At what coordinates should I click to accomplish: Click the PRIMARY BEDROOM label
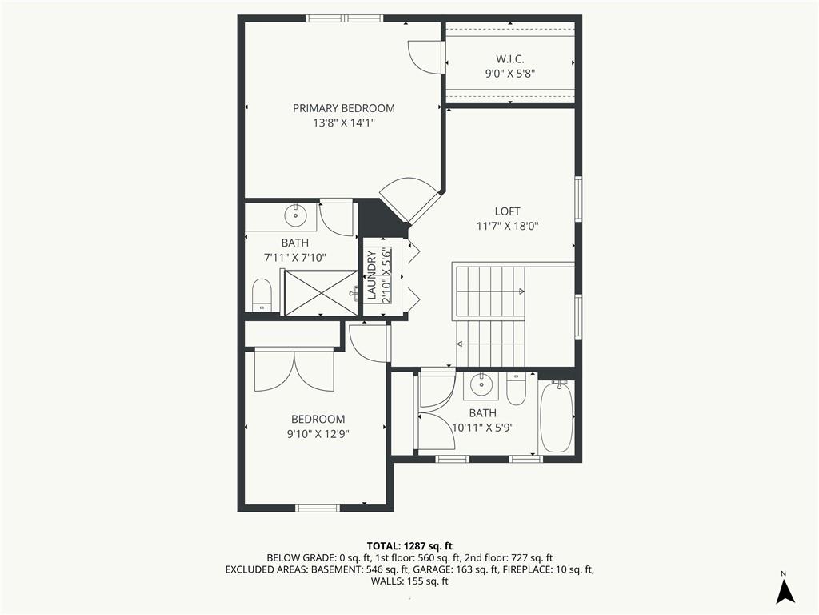point(343,108)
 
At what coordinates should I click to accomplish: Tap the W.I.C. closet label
point(509,59)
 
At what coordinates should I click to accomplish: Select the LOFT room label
point(507,211)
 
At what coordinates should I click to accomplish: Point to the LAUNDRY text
point(372,275)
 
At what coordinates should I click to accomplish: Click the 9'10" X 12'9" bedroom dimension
point(318,433)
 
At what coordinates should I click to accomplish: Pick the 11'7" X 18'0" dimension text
point(507,226)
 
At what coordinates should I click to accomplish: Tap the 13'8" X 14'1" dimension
point(344,123)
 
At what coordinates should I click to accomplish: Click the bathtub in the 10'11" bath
point(557,416)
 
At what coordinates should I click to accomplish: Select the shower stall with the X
point(321,292)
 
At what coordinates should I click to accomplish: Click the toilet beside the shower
point(262,295)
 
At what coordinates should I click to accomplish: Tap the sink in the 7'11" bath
point(296,215)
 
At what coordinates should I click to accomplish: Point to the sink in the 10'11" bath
point(481,385)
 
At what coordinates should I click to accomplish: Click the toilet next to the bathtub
point(517,388)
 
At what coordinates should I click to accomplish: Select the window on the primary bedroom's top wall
point(344,19)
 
